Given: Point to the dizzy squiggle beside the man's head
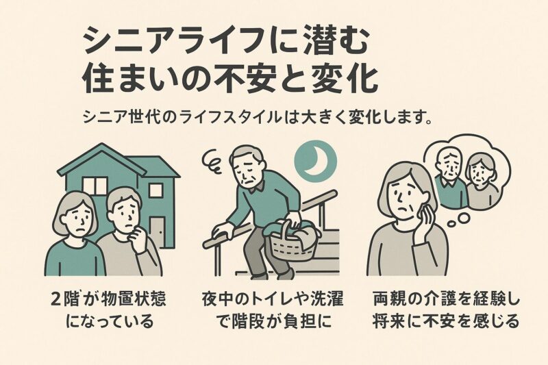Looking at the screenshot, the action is pos(212,162).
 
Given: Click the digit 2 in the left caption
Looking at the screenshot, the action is pos(58,299).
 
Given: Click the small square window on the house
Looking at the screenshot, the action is pos(155,190).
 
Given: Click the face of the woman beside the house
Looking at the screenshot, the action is pos(77,219).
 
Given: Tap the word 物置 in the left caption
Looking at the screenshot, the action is pos(116,299).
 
